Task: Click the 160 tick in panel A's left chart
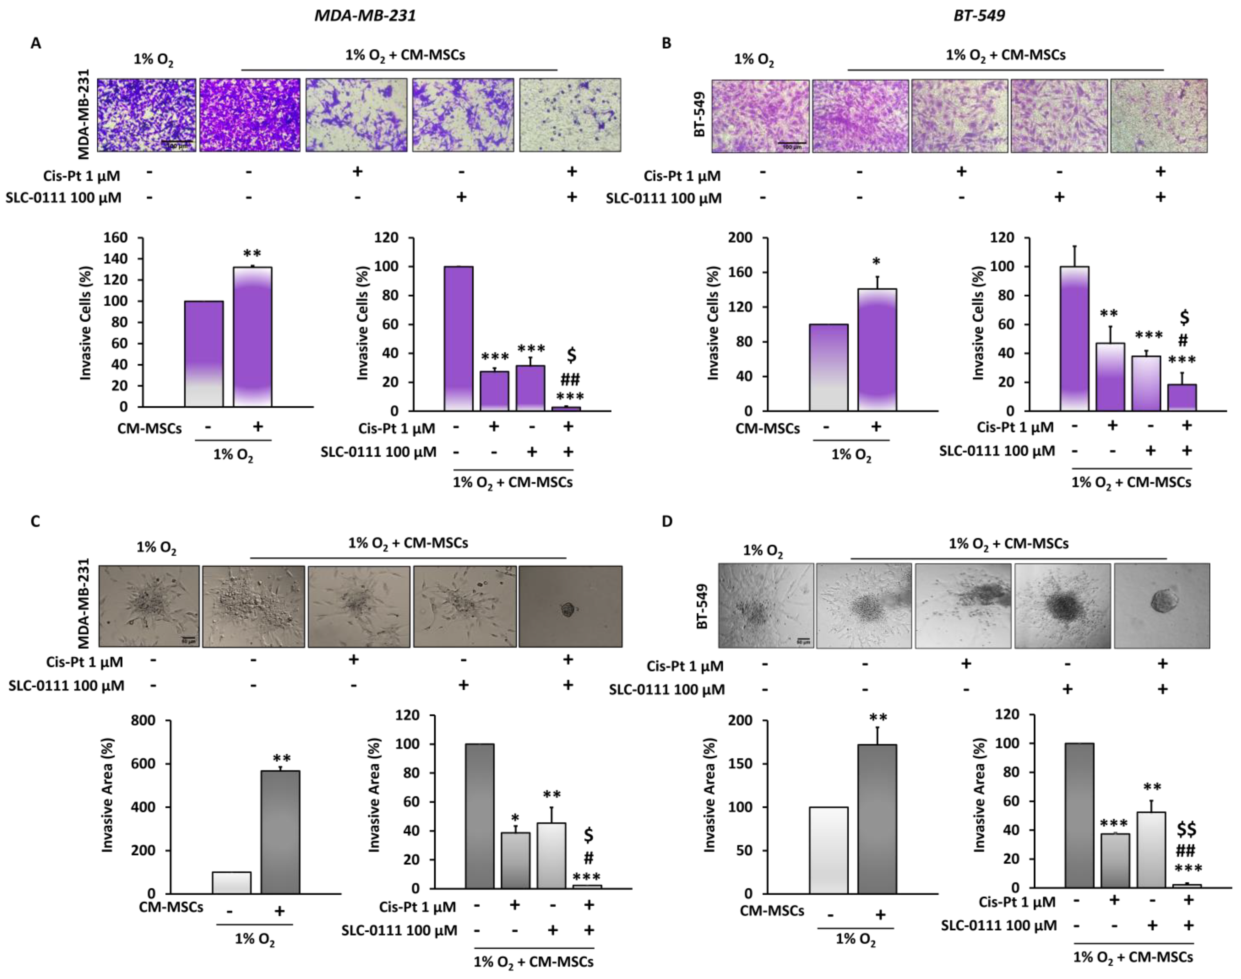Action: [115, 238]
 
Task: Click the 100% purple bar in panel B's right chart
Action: [1074, 338]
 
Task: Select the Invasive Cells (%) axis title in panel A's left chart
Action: [86, 322]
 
